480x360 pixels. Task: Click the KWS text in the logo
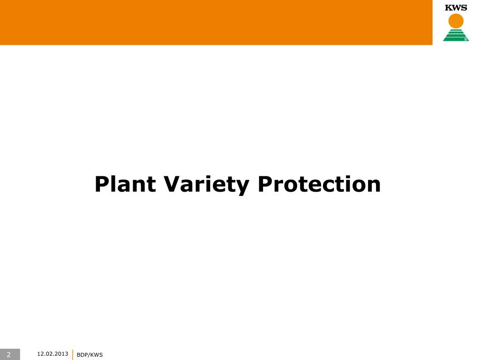456,7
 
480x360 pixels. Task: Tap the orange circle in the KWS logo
456,21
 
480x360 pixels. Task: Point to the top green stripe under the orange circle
456,30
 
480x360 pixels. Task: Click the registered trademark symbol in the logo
466,39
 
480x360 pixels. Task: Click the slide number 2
8,354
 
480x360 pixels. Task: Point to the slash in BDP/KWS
89,355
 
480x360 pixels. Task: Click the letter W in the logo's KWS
455,7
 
